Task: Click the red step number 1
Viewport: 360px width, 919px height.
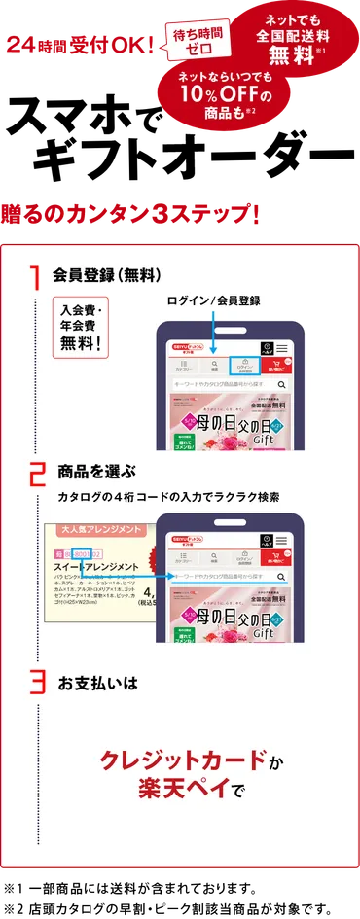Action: (x=34, y=278)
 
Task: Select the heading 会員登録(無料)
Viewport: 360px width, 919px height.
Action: (x=106, y=275)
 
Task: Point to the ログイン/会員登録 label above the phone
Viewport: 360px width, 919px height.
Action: (x=213, y=300)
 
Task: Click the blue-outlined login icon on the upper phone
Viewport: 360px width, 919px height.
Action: (x=244, y=367)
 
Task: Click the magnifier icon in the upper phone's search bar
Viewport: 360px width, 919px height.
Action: (x=281, y=385)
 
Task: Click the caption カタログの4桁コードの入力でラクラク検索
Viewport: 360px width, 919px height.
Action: (x=168, y=497)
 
